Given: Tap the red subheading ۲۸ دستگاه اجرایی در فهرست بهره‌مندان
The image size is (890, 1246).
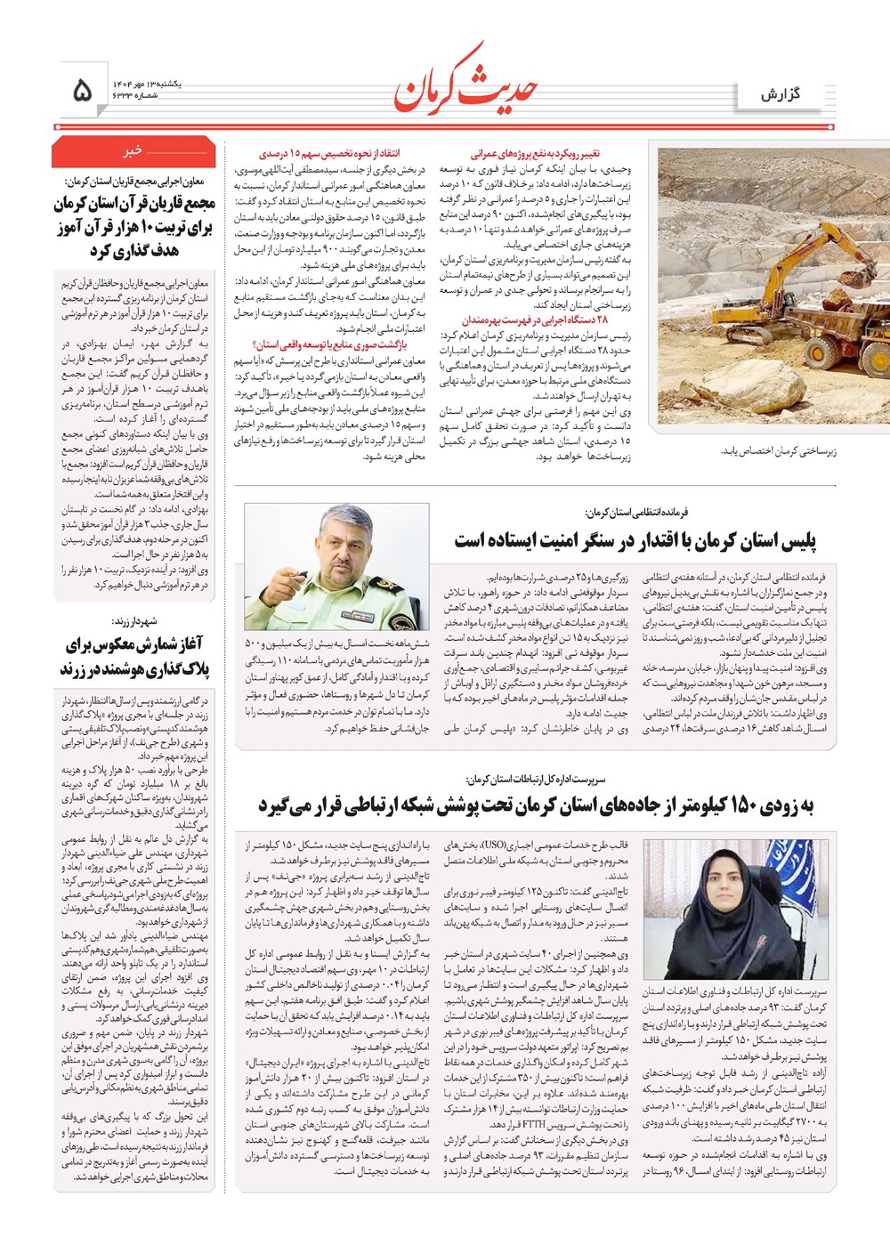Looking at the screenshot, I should (x=535, y=320).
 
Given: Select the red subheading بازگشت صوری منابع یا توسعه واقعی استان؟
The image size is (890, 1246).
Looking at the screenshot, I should (x=329, y=344).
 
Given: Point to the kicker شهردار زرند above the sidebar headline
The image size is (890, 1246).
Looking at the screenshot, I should (x=134, y=621).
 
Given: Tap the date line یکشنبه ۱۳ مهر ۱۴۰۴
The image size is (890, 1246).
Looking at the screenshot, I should (x=146, y=82).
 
